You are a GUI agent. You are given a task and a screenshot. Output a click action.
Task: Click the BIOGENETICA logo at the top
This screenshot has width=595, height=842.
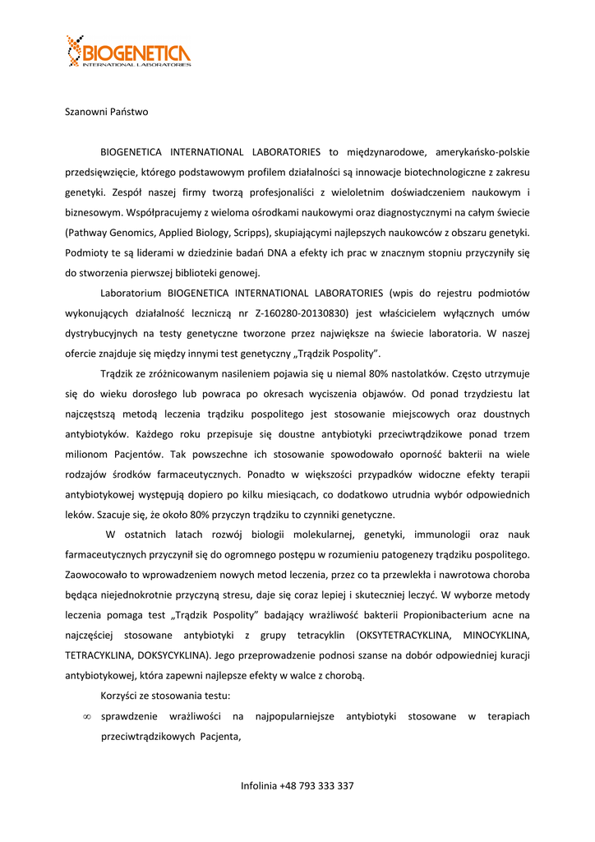(x=129, y=52)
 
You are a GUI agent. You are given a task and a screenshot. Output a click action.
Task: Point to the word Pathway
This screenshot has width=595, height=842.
(x=87, y=233)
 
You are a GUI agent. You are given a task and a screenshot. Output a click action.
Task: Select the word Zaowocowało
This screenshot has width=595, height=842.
(x=99, y=576)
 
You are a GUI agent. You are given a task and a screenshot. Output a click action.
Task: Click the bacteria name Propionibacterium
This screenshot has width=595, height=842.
(x=451, y=616)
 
